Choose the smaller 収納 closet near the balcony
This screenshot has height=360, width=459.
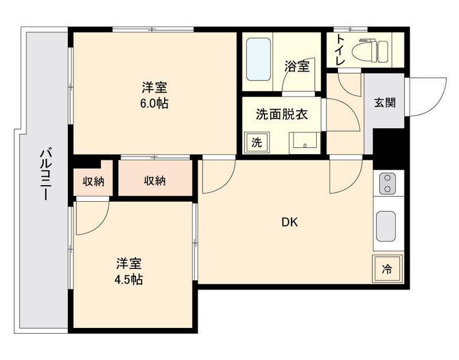point(93,182)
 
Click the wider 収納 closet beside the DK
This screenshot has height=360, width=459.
point(154,181)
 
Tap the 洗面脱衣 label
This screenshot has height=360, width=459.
point(282,114)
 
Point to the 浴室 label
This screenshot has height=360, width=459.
point(297,66)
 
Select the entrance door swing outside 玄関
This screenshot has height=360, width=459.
point(427,95)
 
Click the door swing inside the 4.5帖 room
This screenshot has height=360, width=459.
point(92,217)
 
